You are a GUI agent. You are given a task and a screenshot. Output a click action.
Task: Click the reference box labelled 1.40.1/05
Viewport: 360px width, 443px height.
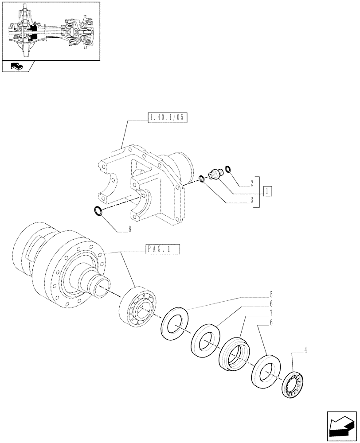(166, 118)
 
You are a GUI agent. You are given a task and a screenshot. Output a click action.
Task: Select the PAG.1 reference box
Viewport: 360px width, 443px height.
(162, 250)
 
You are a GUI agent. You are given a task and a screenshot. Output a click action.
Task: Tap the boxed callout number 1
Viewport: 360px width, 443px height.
(267, 191)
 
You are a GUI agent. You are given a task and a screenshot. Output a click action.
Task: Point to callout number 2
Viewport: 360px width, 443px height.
(251, 183)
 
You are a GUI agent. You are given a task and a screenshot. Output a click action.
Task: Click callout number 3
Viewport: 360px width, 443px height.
(251, 200)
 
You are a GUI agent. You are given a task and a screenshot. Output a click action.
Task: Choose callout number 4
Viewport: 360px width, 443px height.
(305, 352)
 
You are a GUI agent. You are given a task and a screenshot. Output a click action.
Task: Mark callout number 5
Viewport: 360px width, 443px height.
(270, 294)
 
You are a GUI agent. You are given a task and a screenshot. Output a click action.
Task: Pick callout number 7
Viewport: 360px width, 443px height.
(270, 313)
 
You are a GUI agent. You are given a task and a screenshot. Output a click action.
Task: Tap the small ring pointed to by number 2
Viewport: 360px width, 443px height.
(229, 168)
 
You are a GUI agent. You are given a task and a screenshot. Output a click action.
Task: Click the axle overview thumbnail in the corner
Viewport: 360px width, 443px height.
(51, 31)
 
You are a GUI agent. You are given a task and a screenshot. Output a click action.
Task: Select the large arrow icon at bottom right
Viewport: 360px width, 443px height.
(341, 424)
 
